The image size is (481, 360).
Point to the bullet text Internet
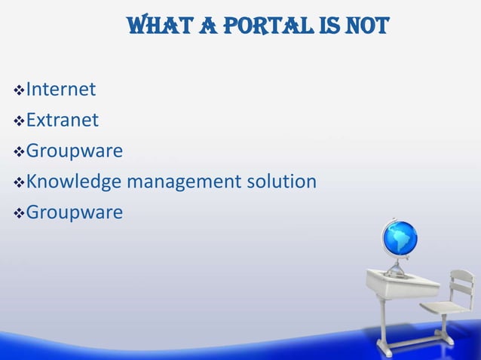pos(60,90)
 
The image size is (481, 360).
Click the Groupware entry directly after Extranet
pos(74,152)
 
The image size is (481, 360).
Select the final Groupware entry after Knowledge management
pos(74,214)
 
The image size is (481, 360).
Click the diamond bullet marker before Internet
pos(19,91)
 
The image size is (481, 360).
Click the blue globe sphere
pos(400,239)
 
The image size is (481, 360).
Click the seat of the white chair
pos(441,310)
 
